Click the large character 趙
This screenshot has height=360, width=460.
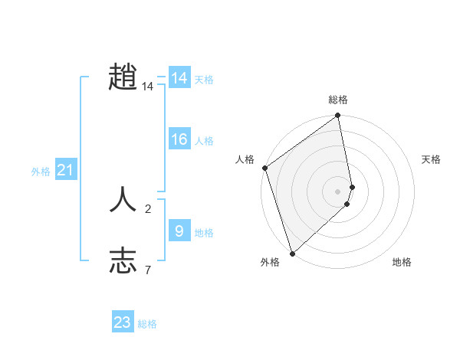click(123, 77)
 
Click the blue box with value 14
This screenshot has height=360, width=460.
click(179, 78)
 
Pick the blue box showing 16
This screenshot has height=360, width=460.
click(179, 139)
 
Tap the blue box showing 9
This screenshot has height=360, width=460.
click(179, 230)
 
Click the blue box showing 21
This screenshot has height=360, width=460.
click(65, 170)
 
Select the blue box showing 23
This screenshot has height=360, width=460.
click(123, 322)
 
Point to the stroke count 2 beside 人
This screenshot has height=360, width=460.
click(148, 208)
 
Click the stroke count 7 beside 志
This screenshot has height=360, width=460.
click(148, 270)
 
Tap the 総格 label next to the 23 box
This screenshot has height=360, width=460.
click(147, 324)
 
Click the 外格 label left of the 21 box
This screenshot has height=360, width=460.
click(41, 172)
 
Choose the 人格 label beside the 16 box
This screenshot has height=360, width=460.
click(204, 141)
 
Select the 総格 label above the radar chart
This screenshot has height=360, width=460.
click(337, 100)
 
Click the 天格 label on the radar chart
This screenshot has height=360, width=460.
click(431, 159)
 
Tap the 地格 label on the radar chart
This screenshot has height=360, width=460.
click(402, 262)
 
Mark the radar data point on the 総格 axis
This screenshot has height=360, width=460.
click(337, 116)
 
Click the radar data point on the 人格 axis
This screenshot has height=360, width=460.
click(264, 168)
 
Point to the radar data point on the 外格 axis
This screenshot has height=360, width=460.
click(292, 253)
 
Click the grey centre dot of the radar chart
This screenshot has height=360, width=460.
click(337, 191)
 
